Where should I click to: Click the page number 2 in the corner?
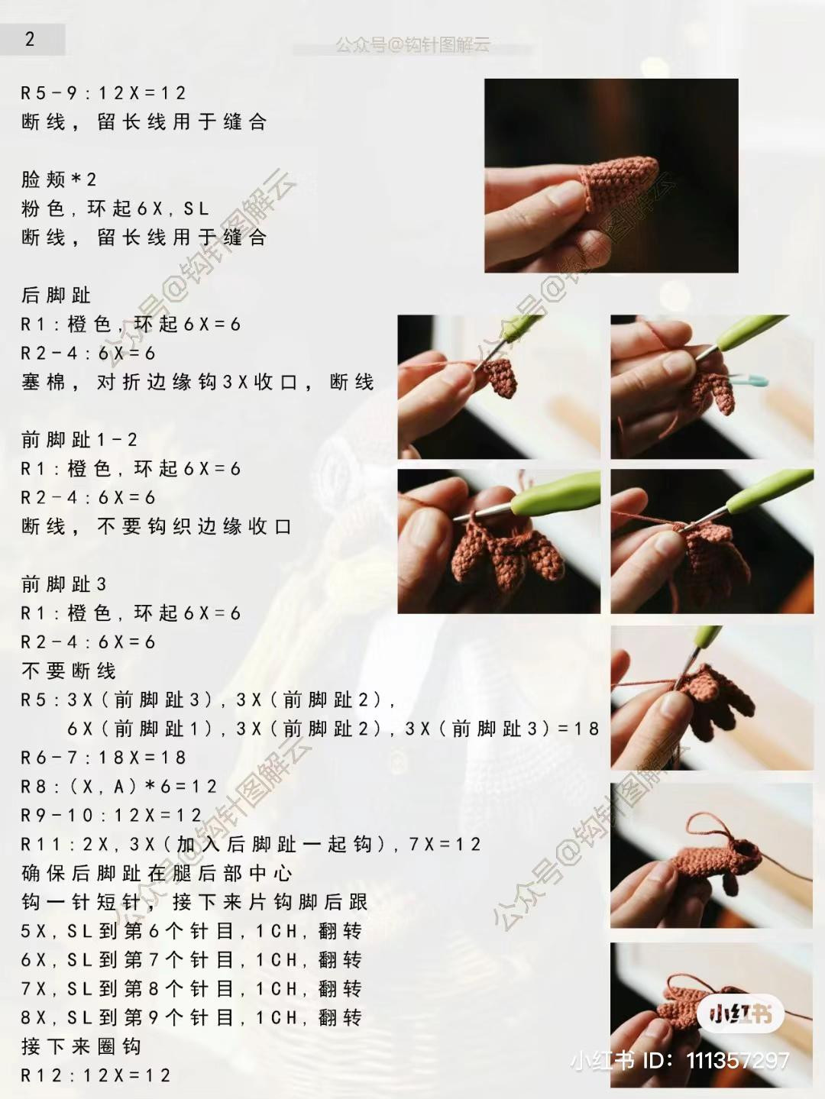[30, 39]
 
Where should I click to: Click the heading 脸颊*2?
[59, 179]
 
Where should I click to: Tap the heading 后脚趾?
[56, 295]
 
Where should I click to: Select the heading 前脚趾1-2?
[79, 440]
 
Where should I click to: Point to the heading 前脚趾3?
[64, 583]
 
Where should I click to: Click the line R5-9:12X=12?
[103, 92]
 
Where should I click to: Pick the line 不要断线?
[69, 671]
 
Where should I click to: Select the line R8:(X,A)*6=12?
[118, 786]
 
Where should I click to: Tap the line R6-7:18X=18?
[103, 757]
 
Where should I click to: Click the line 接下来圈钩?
[81, 1046]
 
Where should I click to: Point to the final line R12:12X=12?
[95, 1075]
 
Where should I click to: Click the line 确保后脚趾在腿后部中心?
[157, 873]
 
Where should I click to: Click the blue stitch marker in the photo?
[749, 381]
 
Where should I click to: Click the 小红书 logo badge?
[740, 1014]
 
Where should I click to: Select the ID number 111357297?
[738, 1060]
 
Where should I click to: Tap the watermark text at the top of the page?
[412, 46]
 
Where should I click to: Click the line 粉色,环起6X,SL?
[115, 208]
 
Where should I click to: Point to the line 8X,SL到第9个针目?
[127, 1017]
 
